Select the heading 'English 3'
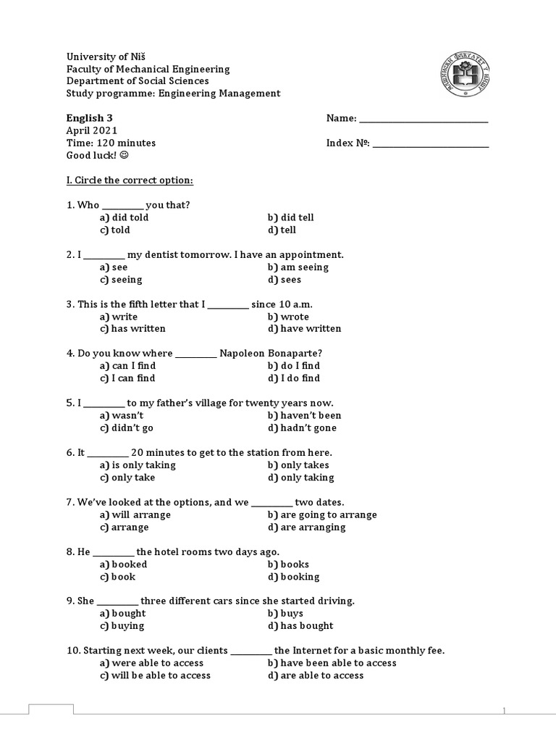tap(90, 118)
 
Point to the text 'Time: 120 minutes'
tap(111, 143)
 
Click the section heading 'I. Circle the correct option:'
tap(130, 180)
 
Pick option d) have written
tap(304, 329)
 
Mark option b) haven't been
tap(304, 416)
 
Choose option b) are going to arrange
tap(321, 515)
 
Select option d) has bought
tap(300, 626)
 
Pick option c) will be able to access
tap(156, 675)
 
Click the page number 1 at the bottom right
tap(505, 710)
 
